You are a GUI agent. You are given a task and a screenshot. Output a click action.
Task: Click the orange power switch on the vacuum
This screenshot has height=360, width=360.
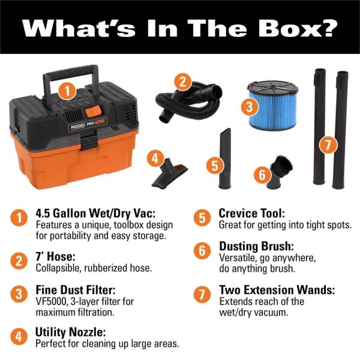[94, 112]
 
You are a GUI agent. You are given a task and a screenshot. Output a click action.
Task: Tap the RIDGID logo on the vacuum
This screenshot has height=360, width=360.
[78, 127]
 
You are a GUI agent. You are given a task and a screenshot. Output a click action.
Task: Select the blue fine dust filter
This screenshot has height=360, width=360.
[272, 105]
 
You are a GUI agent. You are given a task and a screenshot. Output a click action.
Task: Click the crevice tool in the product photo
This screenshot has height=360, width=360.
[225, 158]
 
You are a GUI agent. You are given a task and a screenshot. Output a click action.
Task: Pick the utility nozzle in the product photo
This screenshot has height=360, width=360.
[169, 172]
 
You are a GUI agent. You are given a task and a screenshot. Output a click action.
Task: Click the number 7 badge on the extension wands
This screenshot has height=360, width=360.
[328, 145]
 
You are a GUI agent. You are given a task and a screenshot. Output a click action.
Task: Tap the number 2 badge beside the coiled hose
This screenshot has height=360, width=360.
[182, 82]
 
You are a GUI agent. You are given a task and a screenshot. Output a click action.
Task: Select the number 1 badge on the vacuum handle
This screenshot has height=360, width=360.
[67, 91]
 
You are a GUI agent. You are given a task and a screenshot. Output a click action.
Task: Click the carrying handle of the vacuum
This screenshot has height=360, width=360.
[71, 73]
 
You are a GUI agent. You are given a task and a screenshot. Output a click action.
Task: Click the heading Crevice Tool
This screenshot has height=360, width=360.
[252, 213]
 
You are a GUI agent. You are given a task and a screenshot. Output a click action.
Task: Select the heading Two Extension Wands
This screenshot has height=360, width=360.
[277, 290]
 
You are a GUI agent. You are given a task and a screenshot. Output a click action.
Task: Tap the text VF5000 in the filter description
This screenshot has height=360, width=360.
[52, 301]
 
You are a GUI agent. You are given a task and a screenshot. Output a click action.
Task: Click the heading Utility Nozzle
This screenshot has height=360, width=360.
[70, 332]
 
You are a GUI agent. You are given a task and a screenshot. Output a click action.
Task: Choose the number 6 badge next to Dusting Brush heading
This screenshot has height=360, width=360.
[202, 250]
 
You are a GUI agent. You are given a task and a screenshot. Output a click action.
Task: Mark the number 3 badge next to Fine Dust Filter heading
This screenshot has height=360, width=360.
[19, 295]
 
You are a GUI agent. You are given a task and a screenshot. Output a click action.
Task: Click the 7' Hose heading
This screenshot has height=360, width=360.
[56, 256]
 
